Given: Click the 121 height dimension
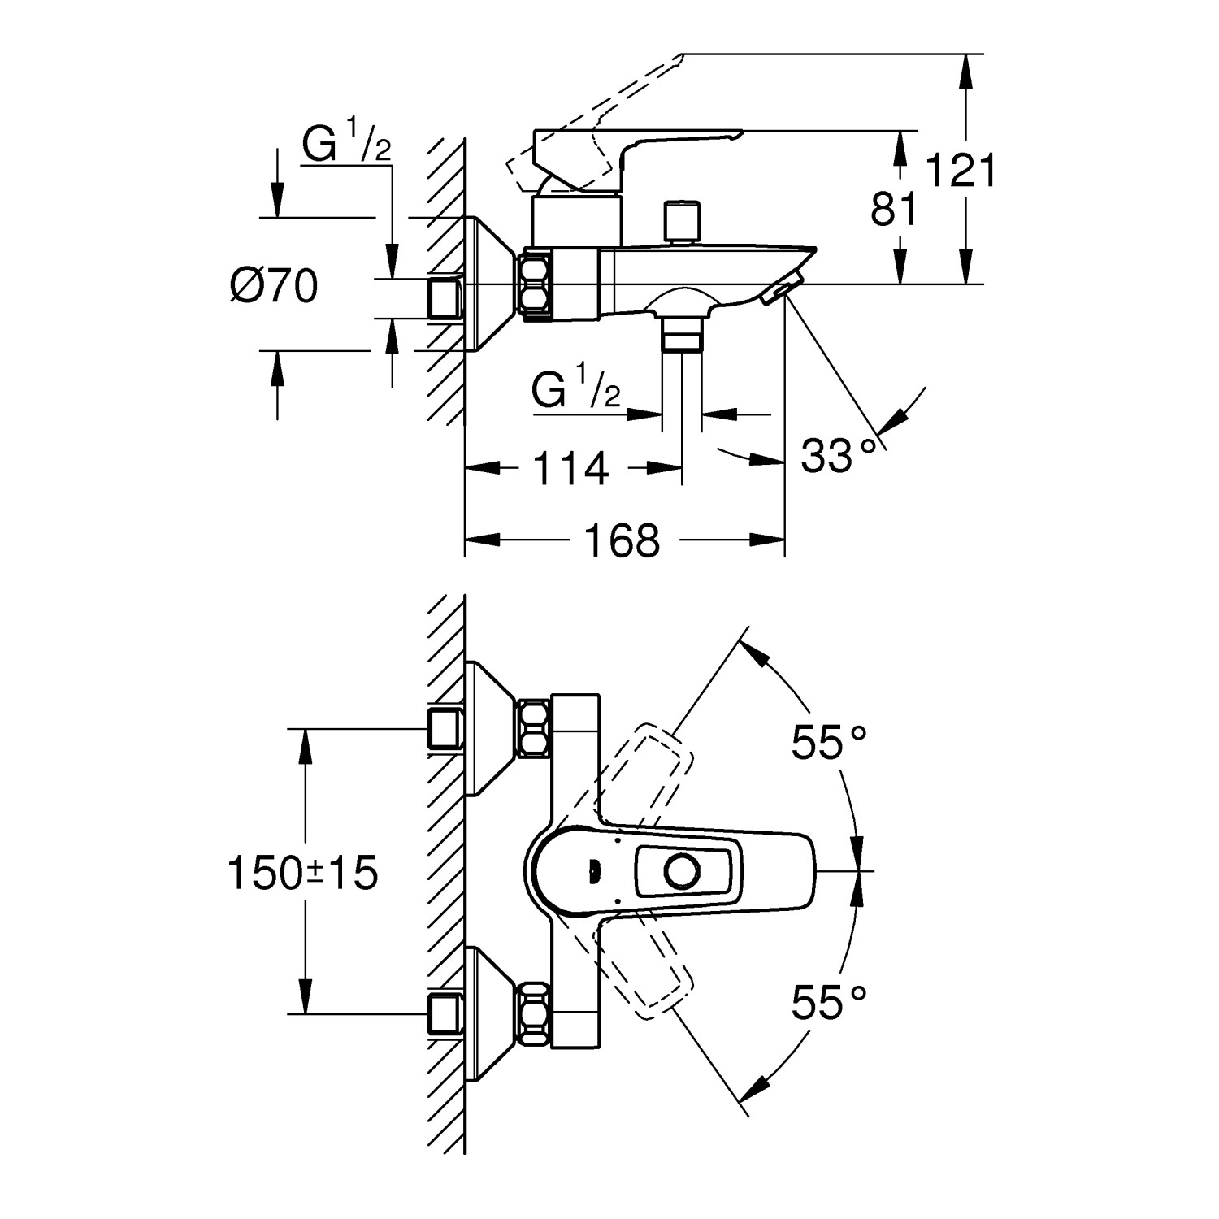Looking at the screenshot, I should [961, 171].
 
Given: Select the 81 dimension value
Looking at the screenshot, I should [894, 209].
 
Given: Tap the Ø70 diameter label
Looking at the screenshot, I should [273, 286].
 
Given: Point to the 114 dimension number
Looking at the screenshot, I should [570, 469].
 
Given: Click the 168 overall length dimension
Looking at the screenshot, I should [624, 540].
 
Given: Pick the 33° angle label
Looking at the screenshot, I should [839, 456].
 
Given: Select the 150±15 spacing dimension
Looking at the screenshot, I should [303, 874].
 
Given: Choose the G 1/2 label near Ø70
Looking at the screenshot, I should [347, 145].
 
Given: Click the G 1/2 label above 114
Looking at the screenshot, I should [576, 389].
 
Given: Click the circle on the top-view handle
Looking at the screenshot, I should [680, 872].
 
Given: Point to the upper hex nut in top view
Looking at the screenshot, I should [534, 728].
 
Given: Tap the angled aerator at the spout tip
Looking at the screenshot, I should [782, 289].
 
